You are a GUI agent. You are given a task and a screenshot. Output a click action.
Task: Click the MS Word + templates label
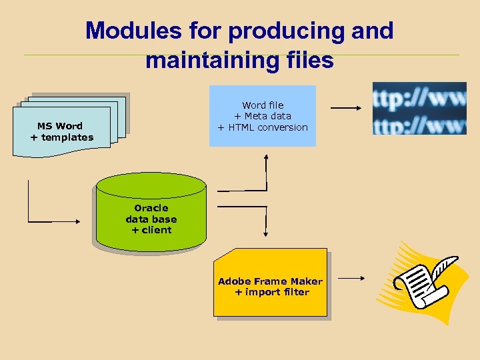coord(61,131)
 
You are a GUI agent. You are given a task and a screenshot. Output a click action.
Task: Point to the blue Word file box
coord(263,115)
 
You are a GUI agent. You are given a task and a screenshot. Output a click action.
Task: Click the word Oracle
coord(151,208)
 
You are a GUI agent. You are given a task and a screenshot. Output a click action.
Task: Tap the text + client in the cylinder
coord(151,230)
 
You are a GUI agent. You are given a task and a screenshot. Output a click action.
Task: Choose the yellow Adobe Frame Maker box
coord(271,283)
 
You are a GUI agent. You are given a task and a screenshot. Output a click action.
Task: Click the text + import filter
coord(272,292)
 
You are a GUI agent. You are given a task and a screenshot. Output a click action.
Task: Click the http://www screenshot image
coord(419,108)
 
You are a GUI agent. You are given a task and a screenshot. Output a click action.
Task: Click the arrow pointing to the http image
coord(347,108)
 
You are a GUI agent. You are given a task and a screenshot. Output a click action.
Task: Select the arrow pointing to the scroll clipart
coord(353,277)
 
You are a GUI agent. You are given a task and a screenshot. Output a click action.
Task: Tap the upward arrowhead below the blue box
coord(266,158)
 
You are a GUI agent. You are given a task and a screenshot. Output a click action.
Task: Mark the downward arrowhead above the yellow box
coord(266,233)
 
